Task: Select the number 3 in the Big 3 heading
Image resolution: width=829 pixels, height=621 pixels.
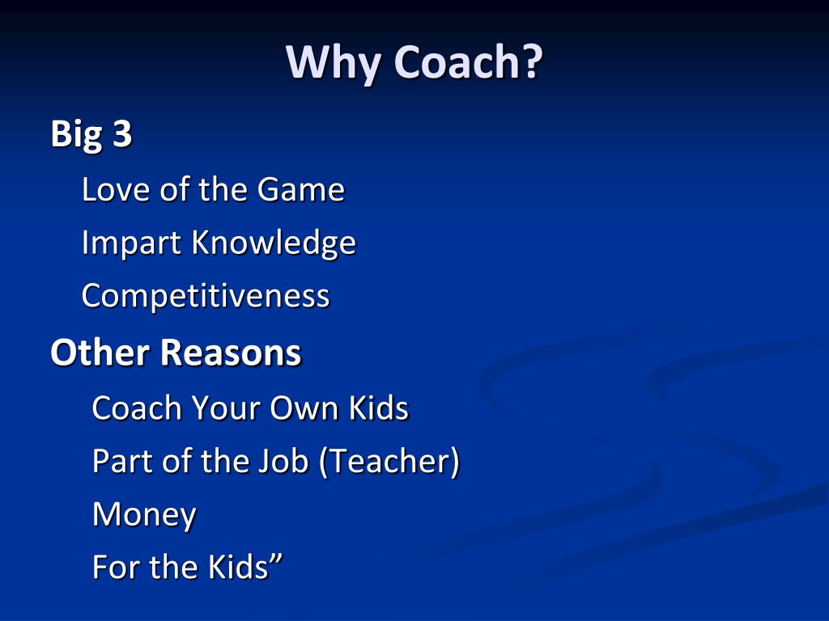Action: click(x=121, y=134)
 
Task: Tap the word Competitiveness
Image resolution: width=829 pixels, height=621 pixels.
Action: click(x=206, y=296)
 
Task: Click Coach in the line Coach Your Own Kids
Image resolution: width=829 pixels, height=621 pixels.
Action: click(x=137, y=408)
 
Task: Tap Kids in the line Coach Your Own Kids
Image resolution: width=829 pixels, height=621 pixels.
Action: click(x=378, y=408)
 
